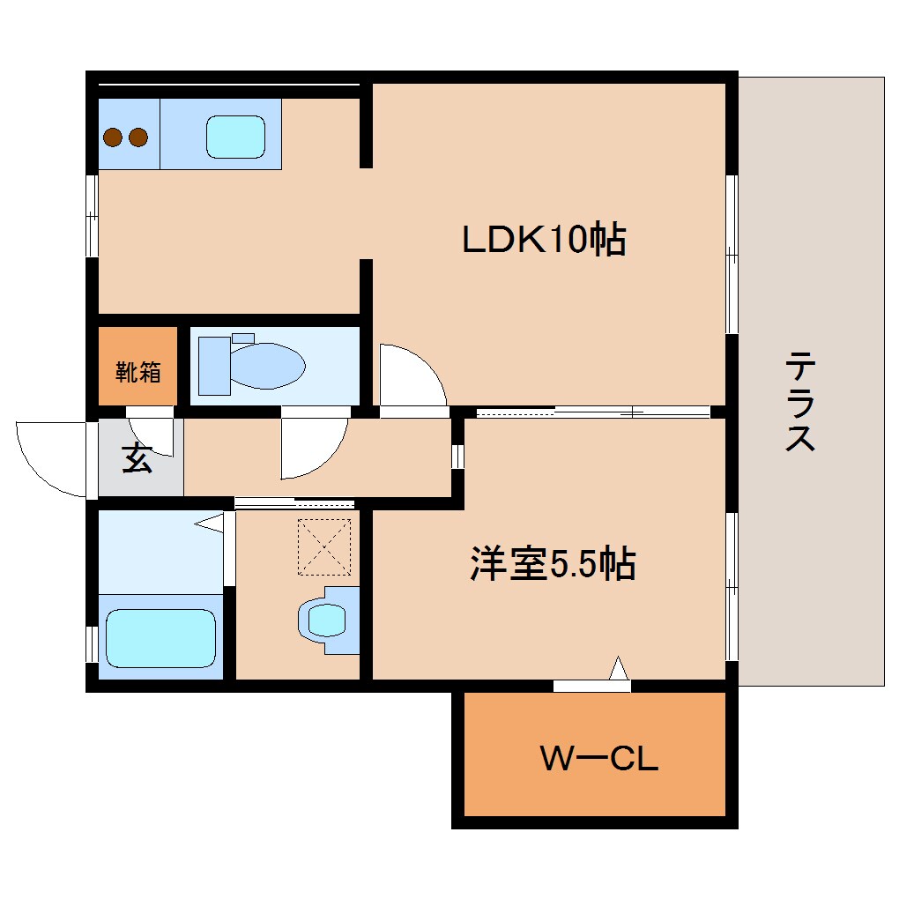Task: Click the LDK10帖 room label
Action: [x=544, y=239]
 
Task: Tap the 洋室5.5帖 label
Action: [x=553, y=564]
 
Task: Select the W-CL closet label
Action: [x=598, y=758]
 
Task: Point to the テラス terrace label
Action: [x=799, y=401]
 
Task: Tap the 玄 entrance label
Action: [x=137, y=458]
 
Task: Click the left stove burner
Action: [x=113, y=137]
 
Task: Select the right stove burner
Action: [x=137, y=137]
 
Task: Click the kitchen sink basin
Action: [x=235, y=137]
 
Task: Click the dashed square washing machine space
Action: [x=324, y=547]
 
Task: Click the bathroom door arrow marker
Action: [x=212, y=524]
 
